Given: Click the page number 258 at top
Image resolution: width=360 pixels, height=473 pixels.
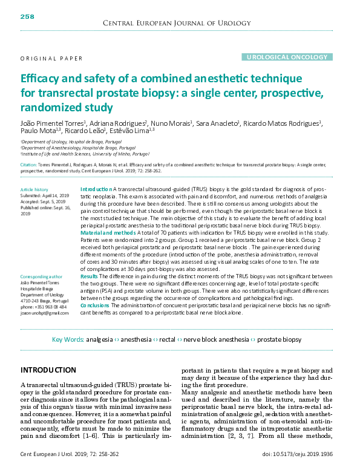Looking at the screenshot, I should pos(27,16).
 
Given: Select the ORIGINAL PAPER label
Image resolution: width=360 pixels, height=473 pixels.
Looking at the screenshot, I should pos(51,59).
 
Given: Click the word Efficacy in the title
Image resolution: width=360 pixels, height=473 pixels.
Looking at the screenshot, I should pos(41,79).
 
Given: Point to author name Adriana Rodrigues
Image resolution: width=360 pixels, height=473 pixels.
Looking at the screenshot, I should pos(116,123).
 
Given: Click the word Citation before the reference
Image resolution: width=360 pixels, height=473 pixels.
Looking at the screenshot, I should pos(29,165).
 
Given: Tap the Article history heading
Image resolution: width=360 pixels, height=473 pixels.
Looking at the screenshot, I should pos(34,190).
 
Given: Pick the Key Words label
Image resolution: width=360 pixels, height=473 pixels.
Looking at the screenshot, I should pos(68,340).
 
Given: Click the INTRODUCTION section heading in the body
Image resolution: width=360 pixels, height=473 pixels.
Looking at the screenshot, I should pos(48,370).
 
